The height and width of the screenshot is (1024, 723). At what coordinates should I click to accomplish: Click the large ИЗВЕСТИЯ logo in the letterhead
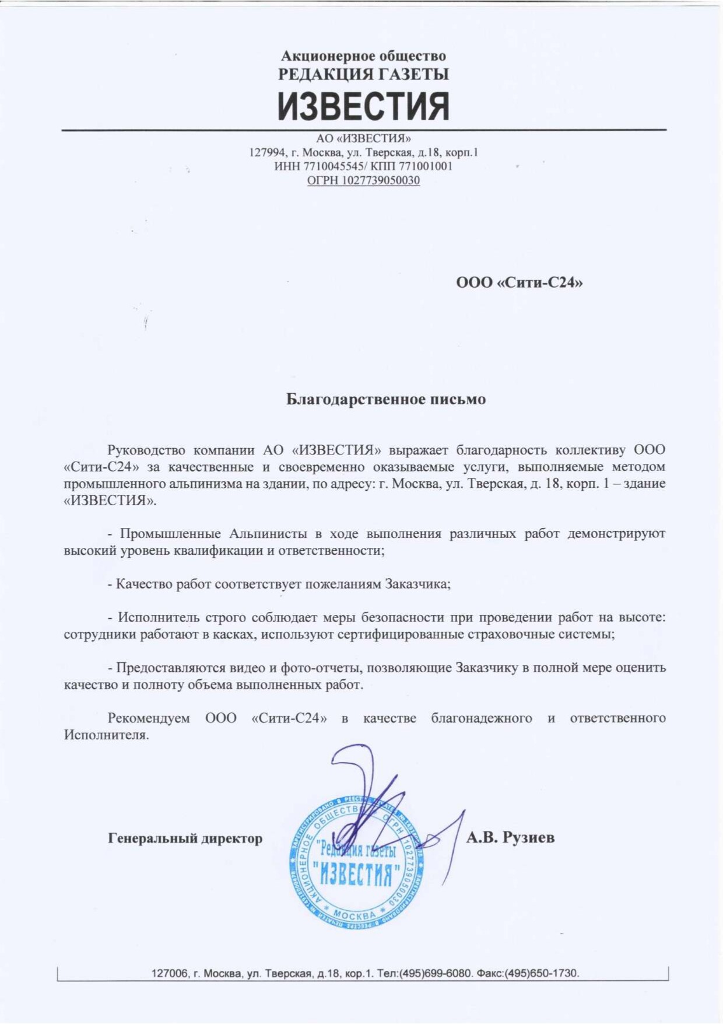[363, 106]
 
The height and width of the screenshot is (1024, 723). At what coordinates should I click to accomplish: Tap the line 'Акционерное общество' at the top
[363, 56]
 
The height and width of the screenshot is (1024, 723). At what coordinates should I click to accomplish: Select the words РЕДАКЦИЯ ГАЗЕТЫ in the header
[363, 75]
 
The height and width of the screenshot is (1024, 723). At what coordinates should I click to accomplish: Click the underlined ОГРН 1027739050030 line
[363, 180]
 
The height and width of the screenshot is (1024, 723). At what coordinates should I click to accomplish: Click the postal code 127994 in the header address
[267, 152]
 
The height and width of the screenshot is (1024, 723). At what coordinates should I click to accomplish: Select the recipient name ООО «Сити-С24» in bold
[519, 283]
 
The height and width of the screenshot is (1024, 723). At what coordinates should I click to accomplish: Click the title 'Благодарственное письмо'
[385, 400]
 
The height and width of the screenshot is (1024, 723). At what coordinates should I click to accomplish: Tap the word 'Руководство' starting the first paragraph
[146, 450]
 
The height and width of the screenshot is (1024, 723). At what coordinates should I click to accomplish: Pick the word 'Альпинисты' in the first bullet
[268, 534]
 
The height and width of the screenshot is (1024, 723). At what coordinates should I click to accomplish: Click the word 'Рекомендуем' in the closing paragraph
[149, 718]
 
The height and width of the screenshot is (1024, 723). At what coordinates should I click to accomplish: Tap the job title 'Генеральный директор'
[185, 838]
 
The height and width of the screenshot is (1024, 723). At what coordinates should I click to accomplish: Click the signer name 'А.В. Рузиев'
[510, 838]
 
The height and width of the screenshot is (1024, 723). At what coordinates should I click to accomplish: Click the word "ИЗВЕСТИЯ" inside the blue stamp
[356, 873]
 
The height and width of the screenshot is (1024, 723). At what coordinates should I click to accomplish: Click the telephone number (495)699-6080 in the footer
[436, 973]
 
